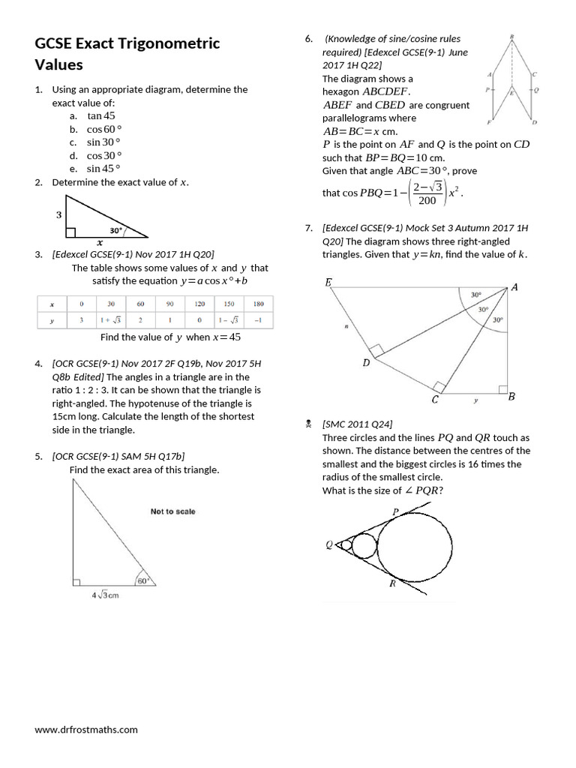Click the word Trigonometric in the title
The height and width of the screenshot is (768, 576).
(x=172, y=43)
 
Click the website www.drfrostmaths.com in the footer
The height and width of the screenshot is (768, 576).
(x=86, y=729)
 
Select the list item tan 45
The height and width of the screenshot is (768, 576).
(x=100, y=116)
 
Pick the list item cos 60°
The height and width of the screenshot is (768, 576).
(x=103, y=129)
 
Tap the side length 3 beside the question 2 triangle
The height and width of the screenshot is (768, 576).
(x=58, y=214)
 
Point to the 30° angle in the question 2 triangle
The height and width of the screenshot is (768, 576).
(x=115, y=230)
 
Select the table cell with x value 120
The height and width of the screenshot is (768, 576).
(x=199, y=304)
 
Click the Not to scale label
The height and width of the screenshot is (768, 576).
(x=172, y=511)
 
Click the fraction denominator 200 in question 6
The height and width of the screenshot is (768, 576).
(x=427, y=200)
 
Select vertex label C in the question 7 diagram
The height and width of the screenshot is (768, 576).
(x=435, y=400)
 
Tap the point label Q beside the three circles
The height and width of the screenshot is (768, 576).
(x=328, y=545)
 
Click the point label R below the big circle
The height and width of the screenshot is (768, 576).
(x=392, y=584)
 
